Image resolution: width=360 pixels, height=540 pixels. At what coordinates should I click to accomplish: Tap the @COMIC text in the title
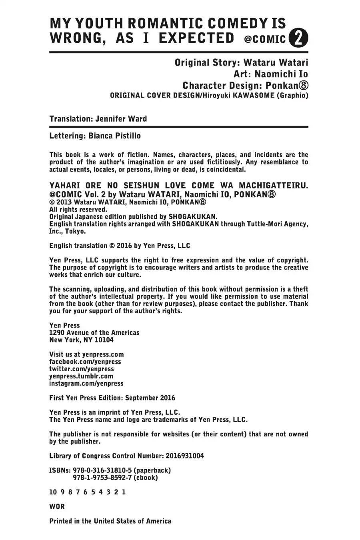(x=264, y=39)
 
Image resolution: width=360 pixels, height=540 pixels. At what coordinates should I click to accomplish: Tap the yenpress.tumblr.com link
(x=81, y=376)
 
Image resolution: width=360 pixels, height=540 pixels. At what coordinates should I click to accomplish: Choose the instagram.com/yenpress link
(x=86, y=383)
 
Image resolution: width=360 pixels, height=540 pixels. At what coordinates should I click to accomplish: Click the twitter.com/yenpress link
(x=81, y=369)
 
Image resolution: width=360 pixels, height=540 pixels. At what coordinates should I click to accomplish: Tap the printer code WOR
(x=57, y=506)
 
